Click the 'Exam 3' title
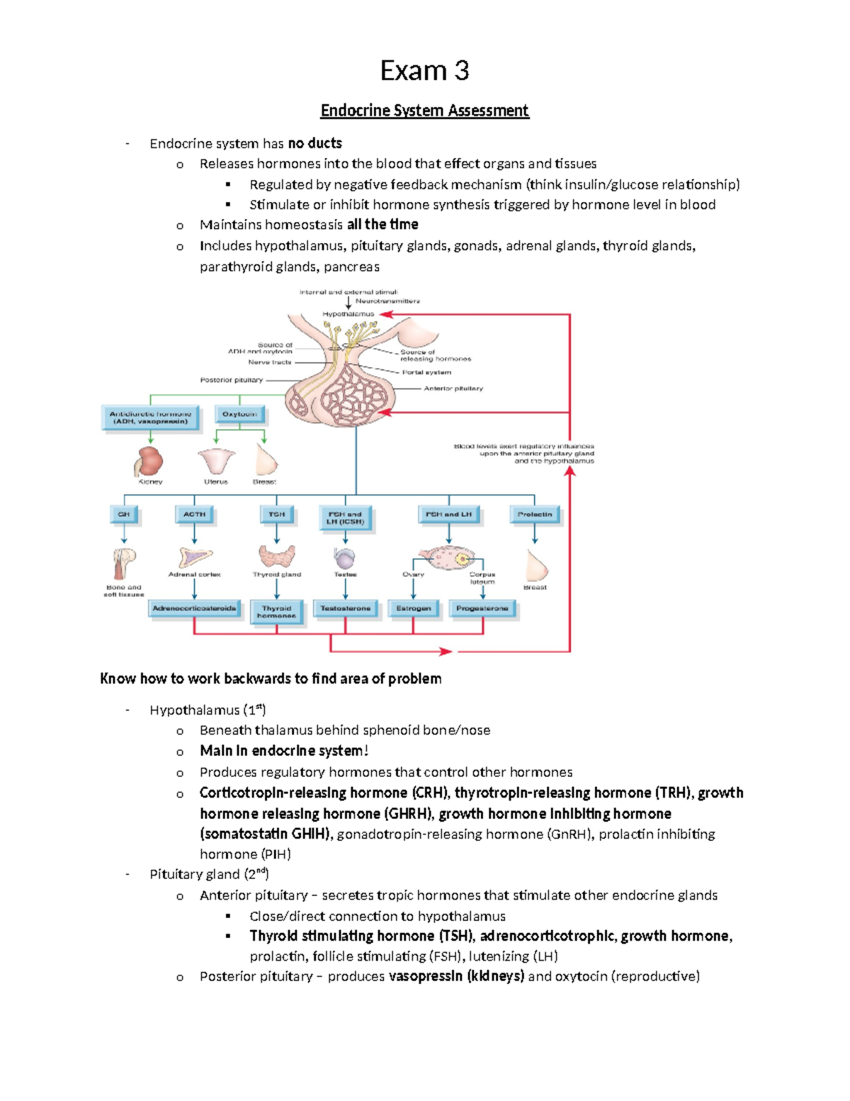pos(424,71)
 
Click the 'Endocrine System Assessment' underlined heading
pos(424,111)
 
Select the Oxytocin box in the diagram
pos(239,414)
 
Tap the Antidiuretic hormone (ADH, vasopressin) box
pos(150,418)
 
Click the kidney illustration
pos(149,462)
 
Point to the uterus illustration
pos(216,462)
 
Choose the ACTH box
pos(194,515)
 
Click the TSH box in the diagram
pos(277,515)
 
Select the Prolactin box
pos(535,515)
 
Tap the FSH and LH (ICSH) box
pos(345,518)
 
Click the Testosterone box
pos(345,608)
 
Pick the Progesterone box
pos(482,608)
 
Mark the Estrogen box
pos(414,608)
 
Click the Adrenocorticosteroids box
pos(194,608)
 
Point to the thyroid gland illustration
pos(277,557)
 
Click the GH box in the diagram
pos(124,515)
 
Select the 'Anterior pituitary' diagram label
pos(453,389)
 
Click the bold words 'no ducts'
pos(314,144)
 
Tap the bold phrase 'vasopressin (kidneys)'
pos(456,976)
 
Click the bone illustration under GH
pos(124,564)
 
